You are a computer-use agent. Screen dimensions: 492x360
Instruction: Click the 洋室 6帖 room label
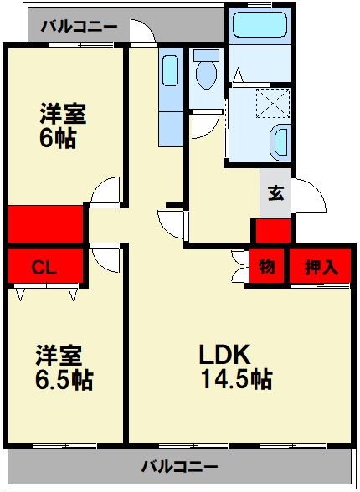[64, 124]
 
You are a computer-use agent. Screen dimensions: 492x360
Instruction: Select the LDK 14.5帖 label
[234, 366]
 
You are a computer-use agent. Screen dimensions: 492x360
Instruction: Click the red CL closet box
[45, 267]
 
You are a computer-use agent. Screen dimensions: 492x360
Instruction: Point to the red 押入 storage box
[321, 267]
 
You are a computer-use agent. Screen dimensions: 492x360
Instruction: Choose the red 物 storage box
[266, 267]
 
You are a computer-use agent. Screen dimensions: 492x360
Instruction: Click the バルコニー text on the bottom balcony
[179, 465]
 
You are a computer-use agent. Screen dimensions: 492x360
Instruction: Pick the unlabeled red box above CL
[47, 223]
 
